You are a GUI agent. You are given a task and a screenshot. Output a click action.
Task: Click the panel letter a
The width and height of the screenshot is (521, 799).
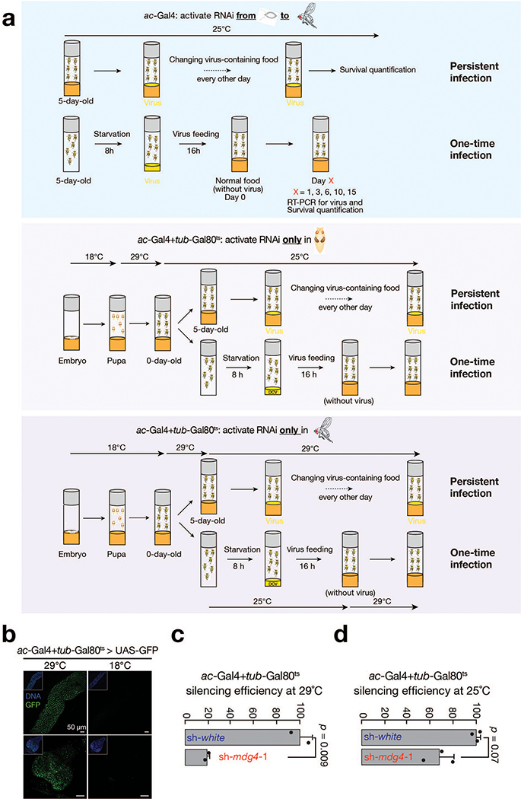(8, 20)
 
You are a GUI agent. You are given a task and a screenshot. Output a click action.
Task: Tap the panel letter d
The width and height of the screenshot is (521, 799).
(341, 635)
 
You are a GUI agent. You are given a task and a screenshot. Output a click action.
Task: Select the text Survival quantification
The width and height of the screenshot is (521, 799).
(377, 70)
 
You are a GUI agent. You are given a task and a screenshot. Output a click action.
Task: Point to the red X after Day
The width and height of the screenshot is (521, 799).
(331, 181)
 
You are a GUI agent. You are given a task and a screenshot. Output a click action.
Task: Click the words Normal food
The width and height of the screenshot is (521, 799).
(237, 181)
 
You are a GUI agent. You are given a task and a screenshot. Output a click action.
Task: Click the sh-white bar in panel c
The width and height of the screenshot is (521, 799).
(243, 737)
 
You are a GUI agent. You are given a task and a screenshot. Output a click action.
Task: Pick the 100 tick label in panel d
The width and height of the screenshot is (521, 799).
(477, 710)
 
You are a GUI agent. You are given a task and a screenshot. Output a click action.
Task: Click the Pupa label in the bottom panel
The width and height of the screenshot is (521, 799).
(116, 554)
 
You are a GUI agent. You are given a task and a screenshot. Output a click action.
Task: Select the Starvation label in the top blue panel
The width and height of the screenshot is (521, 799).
(112, 134)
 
